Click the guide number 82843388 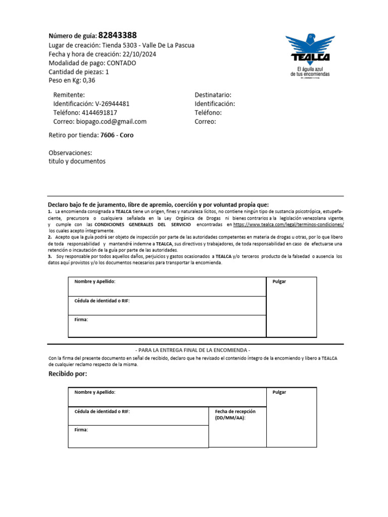click(117, 35)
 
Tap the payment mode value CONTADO click(121, 63)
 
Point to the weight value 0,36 click(88, 80)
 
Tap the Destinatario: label click(213, 95)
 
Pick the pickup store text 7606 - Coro click(117, 135)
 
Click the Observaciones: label click(70, 152)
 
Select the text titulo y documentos click(77, 162)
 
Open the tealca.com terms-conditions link click(288, 224)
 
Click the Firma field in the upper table click(167, 326)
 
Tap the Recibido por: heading click(68, 374)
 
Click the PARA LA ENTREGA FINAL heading click(193, 350)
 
